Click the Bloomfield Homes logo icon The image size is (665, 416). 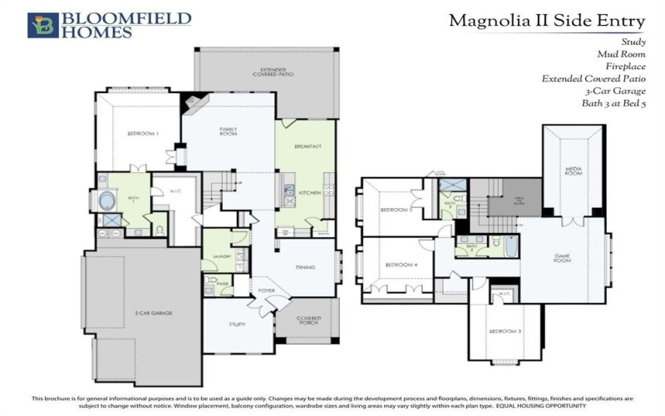click(42, 25)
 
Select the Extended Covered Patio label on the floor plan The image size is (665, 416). click(268, 72)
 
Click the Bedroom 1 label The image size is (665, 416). click(142, 134)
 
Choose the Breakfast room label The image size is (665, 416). click(308, 146)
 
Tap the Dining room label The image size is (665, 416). click(306, 267)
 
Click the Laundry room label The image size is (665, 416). click(220, 257)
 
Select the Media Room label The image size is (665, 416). click(572, 171)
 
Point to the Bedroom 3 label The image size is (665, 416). click(505, 332)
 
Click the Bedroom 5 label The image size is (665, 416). click(396, 210)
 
